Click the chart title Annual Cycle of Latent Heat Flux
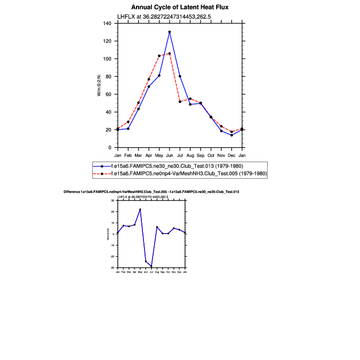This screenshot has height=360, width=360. tap(180, 7)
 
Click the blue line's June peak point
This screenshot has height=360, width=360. tap(170, 32)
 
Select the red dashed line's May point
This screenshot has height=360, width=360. tap(159, 56)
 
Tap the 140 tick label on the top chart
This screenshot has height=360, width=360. tap(108, 23)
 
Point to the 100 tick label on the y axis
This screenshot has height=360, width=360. tap(108, 59)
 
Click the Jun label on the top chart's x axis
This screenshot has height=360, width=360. tap(170, 155)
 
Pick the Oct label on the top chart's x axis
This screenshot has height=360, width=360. tap(211, 155)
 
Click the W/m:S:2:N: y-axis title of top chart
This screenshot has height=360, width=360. tap(99, 85)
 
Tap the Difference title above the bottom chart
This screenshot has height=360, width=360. tap(151, 191)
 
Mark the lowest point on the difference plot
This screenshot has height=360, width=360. tap(151, 267)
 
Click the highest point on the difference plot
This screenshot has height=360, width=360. tap(140, 210)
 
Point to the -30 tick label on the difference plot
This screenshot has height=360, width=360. tap(113, 267)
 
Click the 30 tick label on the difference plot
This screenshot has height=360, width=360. tap(114, 201)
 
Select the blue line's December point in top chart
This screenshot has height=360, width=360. tap(231, 135)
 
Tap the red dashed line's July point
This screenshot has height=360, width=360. tap(180, 101)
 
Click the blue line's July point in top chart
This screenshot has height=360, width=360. tap(180, 76)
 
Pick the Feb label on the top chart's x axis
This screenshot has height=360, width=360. tap(128, 155)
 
